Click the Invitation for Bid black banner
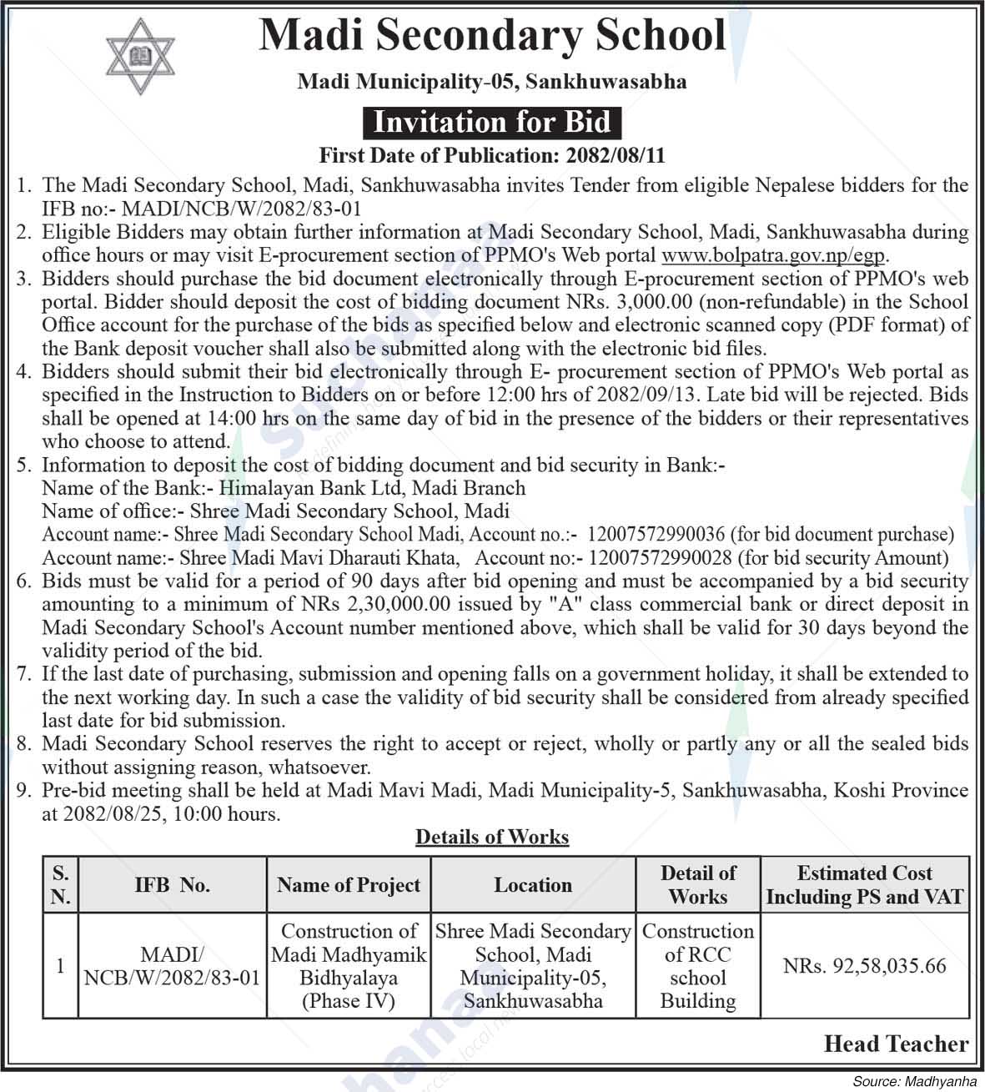click(492, 123)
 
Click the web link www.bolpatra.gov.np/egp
click(773, 255)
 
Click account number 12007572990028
click(660, 558)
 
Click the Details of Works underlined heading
click(492, 837)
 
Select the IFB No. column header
click(172, 885)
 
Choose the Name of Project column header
click(349, 885)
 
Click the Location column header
click(533, 885)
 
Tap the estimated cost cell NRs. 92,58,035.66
click(865, 966)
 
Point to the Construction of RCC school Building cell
click(697, 966)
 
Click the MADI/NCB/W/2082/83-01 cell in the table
click(172, 966)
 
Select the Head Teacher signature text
click(896, 1044)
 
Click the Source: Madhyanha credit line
click(914, 1081)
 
